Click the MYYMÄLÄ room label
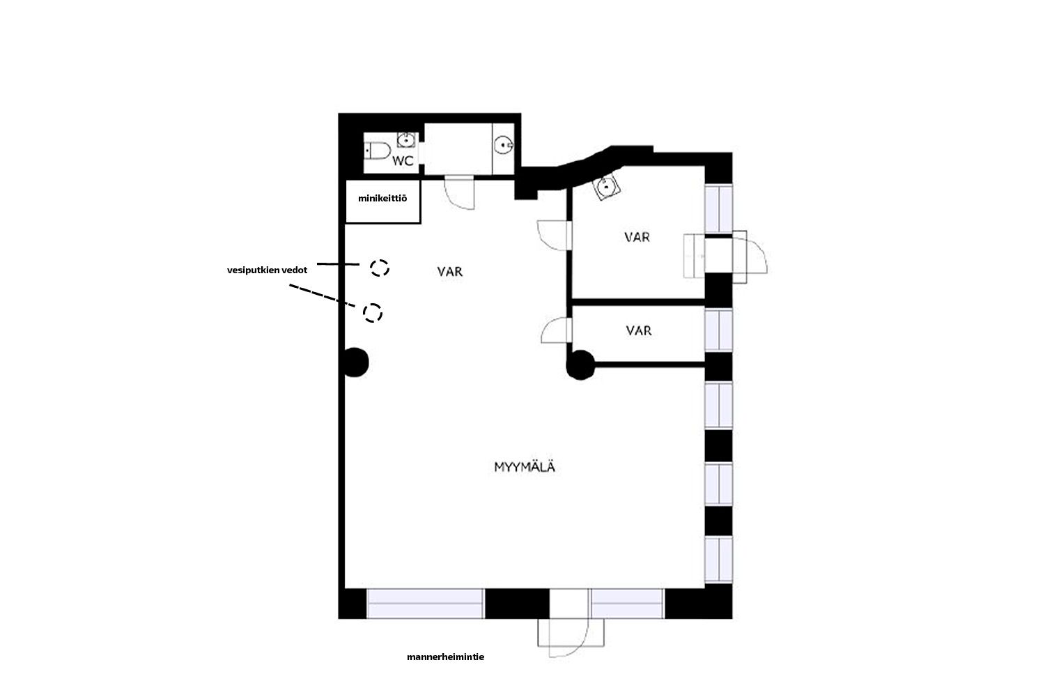point(525,467)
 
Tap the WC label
point(403,160)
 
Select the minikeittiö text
point(382,199)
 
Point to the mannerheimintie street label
point(446,657)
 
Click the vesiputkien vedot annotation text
point(268,270)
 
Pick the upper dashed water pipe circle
point(379,268)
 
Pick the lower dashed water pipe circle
point(373,312)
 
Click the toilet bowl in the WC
point(378,151)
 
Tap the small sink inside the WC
point(406,139)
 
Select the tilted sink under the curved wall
point(607,186)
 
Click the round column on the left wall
point(355,362)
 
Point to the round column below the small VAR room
point(580,365)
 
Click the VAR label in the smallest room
point(639,331)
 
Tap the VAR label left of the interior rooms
point(450,272)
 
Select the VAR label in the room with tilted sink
point(637,237)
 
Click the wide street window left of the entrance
point(425,604)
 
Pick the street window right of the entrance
point(628,604)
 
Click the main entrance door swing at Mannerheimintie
point(570,637)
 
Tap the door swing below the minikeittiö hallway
point(460,193)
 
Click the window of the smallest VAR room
point(718,330)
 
